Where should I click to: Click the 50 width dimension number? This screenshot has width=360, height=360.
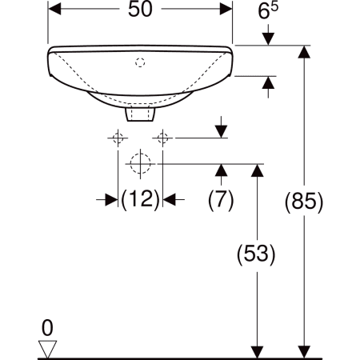(x=140, y=9)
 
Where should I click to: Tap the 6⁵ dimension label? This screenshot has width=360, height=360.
(x=268, y=10)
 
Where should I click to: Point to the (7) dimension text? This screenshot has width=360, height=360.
(x=221, y=200)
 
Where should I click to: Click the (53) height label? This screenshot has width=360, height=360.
(x=256, y=254)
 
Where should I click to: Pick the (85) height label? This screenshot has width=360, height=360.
(x=304, y=202)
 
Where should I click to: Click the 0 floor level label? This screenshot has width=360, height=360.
(x=47, y=328)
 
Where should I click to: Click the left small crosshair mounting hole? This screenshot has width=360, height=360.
(x=118, y=138)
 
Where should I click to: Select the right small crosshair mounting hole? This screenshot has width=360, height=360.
(x=162, y=138)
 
